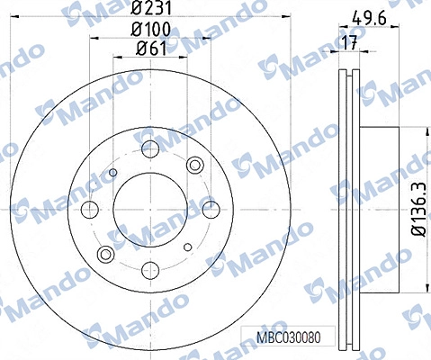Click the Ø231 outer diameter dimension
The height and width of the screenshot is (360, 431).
click(151, 8)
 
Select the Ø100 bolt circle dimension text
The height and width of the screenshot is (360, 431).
click(151, 30)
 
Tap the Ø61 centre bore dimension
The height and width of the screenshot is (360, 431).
click(151, 48)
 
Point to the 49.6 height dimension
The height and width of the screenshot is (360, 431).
click(369, 19)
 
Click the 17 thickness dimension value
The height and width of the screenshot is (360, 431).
click(350, 42)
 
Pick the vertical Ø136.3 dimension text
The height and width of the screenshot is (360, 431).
click(418, 209)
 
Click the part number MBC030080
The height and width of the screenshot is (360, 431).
click(289, 337)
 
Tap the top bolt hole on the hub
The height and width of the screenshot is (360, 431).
click(150, 148)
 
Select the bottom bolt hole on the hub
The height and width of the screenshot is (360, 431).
click(150, 270)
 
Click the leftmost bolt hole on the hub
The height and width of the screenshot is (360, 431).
click(90, 209)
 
